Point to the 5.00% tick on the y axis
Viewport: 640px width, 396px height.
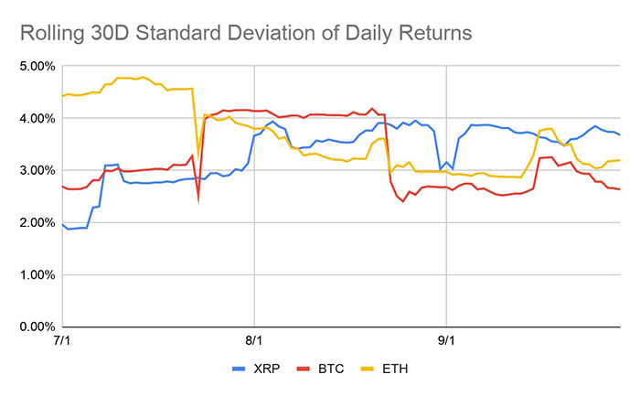point(30,66)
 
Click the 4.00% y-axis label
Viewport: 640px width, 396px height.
point(30,118)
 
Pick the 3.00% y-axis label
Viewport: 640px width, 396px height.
point(30,170)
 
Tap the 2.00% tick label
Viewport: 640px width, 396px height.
point(30,222)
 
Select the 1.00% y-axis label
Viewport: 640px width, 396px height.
point(30,274)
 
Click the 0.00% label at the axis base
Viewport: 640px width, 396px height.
point(30,326)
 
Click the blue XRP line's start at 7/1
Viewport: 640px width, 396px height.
point(62,224)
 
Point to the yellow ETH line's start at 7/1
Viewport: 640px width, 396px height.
point(62,96)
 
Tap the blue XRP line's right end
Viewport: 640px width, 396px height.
point(621,134)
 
